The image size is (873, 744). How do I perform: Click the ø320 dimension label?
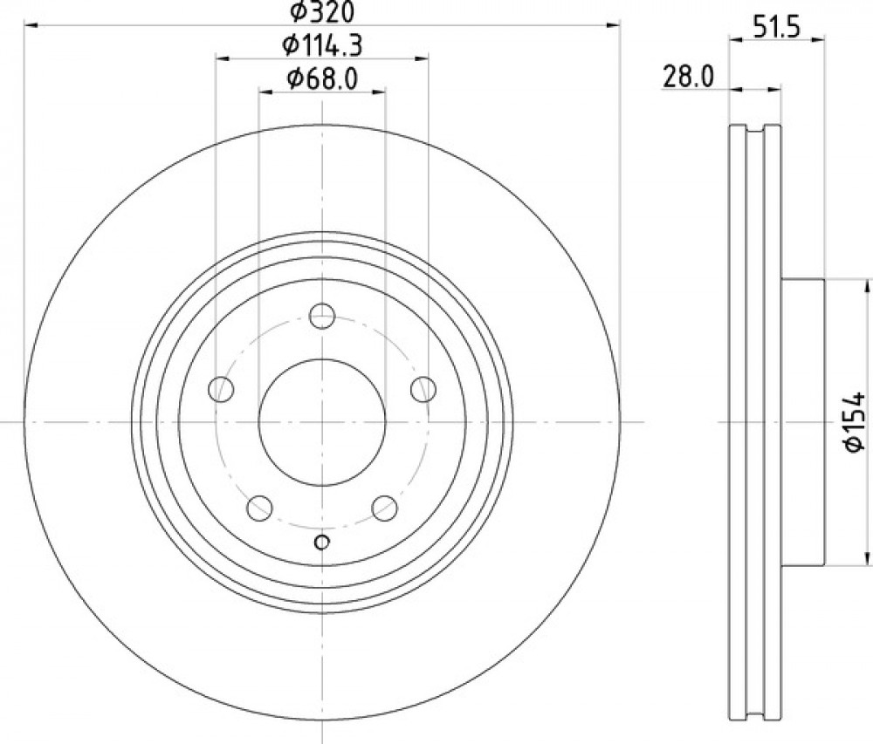coord(322,11)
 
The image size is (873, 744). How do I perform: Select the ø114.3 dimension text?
coord(322,45)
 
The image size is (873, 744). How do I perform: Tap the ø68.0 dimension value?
coord(322,78)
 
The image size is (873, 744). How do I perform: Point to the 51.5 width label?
coord(776,27)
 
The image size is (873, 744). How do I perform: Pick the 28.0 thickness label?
coord(688,76)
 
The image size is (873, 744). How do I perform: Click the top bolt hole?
coord(322,317)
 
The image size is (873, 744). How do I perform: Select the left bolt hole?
coord(221,389)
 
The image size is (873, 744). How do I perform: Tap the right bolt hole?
coord(423,389)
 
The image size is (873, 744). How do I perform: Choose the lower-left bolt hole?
coord(259,508)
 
